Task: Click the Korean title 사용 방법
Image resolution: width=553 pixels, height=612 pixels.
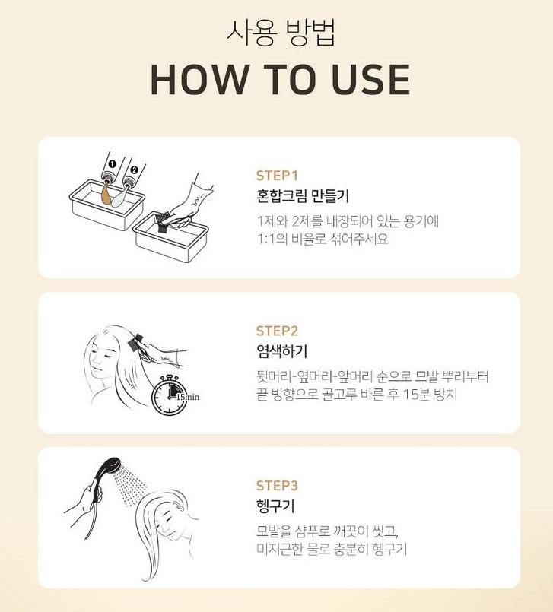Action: [281, 33]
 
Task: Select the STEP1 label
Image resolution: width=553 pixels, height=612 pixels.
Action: [277, 176]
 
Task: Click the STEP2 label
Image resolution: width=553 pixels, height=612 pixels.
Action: [277, 331]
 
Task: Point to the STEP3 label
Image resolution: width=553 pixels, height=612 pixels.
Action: [277, 486]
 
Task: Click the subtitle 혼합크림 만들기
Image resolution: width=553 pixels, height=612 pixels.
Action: [303, 196]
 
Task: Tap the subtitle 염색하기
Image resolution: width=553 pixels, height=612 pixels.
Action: [282, 351]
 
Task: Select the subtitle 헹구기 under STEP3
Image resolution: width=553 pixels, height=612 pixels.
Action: [275, 506]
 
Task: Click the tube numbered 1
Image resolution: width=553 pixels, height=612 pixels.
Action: [112, 168]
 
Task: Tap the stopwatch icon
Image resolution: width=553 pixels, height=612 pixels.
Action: [170, 395]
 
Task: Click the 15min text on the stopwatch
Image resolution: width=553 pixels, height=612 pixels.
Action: [187, 397]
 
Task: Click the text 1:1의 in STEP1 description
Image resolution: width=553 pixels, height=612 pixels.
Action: [272, 239]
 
